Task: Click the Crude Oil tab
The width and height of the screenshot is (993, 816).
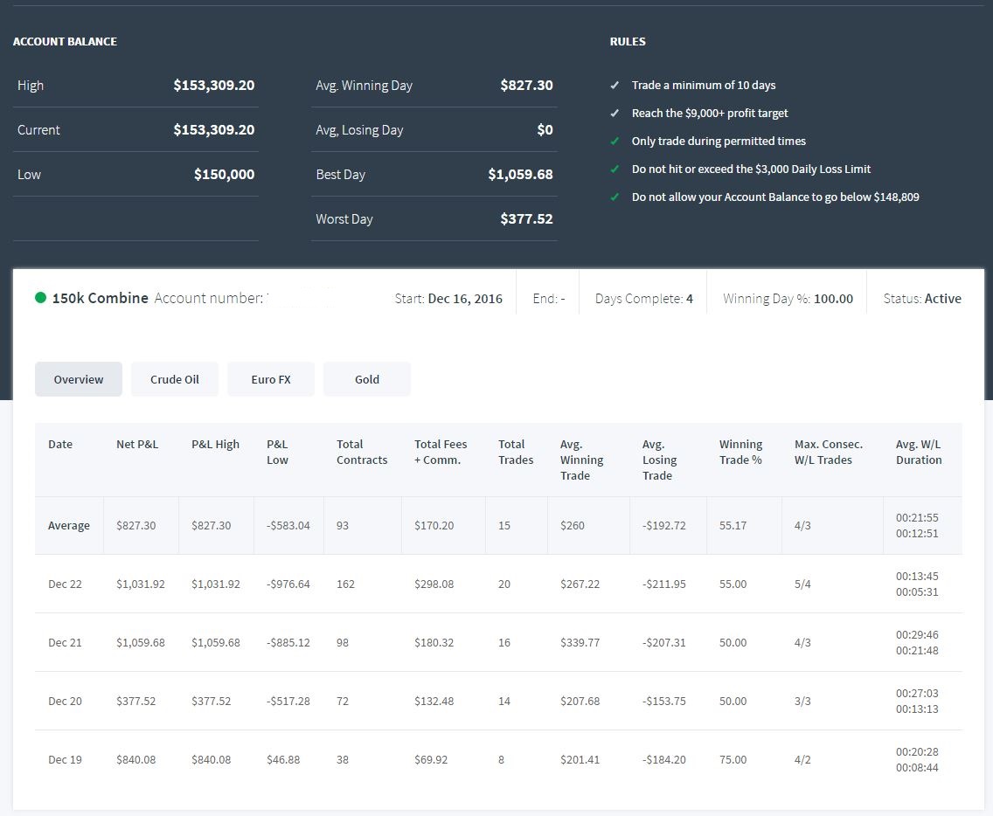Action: click(x=175, y=379)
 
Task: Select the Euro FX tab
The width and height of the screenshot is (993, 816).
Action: click(x=271, y=379)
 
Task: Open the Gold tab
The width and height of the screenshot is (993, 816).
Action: click(x=367, y=379)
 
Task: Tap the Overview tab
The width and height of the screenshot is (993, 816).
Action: click(x=79, y=379)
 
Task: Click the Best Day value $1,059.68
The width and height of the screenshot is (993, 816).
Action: click(x=520, y=174)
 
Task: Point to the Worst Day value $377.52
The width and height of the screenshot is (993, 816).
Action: click(x=526, y=219)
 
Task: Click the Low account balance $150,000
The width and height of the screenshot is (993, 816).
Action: click(x=224, y=174)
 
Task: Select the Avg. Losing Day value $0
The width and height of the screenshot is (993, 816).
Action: click(x=545, y=130)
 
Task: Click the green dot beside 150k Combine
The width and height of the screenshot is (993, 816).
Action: click(x=40, y=298)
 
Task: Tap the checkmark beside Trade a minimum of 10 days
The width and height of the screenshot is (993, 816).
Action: click(x=615, y=85)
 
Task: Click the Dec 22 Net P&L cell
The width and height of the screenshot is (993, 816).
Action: click(x=141, y=584)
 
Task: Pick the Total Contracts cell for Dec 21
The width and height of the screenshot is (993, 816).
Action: click(x=343, y=642)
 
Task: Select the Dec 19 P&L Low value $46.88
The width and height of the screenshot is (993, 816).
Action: click(x=283, y=760)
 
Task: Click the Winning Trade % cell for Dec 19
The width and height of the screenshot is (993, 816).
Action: click(x=733, y=760)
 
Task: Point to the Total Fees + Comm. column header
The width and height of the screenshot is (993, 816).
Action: click(x=441, y=452)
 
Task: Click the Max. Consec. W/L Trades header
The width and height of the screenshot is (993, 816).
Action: click(x=829, y=452)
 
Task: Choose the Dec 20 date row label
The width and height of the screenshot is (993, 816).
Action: click(x=66, y=701)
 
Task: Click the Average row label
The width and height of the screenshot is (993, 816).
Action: click(x=69, y=525)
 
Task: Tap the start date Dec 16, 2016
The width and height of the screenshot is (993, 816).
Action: click(x=465, y=299)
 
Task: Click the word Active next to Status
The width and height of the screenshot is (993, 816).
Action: click(x=943, y=299)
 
